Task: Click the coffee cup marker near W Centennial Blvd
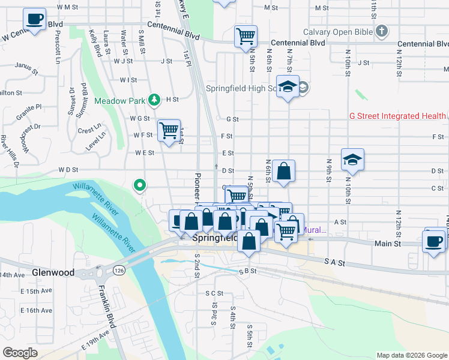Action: click(35, 19)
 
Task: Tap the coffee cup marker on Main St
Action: click(434, 241)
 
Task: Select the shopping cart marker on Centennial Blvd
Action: click(246, 36)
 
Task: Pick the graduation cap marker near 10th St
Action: click(352, 160)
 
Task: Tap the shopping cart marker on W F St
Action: click(169, 130)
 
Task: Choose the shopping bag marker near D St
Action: click(283, 171)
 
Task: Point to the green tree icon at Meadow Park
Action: click(154, 99)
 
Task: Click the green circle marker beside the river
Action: click(140, 186)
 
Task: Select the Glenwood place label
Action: click(54, 272)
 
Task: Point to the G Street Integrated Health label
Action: click(398, 116)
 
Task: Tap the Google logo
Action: click(20, 353)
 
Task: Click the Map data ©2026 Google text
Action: click(411, 355)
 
